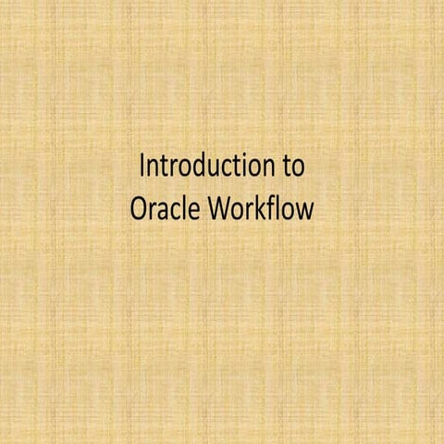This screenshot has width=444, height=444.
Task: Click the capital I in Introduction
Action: pos(142,168)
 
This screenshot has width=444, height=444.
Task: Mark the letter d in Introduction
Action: pos(198,168)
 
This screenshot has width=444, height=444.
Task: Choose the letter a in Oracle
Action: pos(159,211)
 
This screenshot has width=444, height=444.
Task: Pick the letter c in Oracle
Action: pos(171,211)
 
